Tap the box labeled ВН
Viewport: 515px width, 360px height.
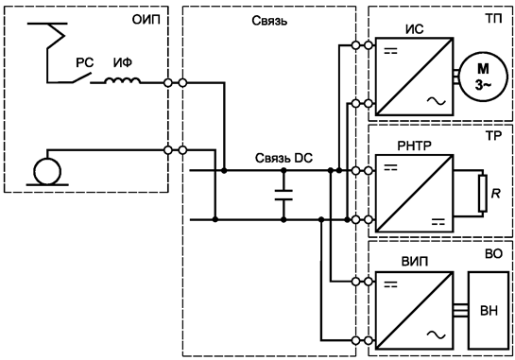[489, 309]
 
